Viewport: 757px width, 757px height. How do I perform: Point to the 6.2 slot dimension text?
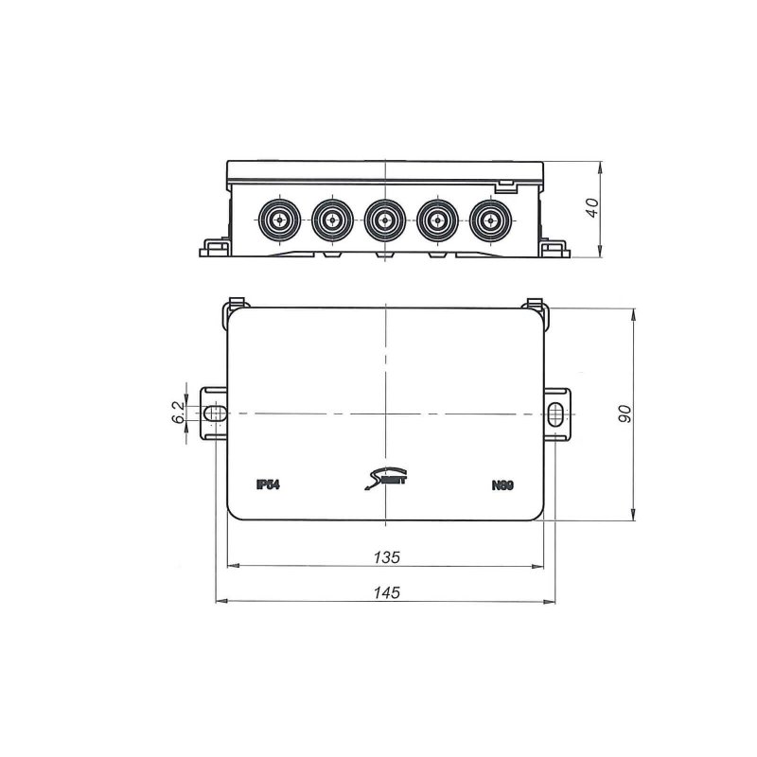(177, 413)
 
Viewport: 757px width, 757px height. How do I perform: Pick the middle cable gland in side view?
(383, 220)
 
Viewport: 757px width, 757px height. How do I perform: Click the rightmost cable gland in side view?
(488, 220)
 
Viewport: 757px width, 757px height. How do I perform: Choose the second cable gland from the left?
(330, 220)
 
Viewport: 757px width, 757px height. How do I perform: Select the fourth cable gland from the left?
(436, 220)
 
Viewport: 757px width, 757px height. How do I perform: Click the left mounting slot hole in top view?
(217, 414)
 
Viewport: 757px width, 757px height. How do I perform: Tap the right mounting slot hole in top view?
(555, 414)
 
